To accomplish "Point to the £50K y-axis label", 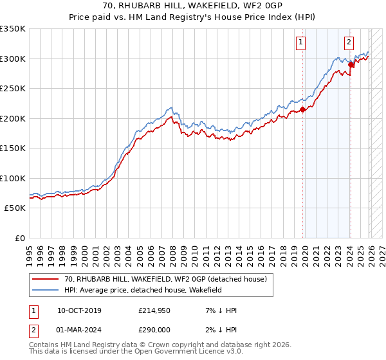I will [14, 208].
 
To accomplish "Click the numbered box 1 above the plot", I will [300, 43].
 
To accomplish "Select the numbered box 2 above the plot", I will [348, 43].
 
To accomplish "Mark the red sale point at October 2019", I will [303, 110].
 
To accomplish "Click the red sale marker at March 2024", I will [351, 64].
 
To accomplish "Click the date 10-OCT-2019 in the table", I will [79, 310].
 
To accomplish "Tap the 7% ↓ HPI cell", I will [221, 310].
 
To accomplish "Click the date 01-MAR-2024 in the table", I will [79, 330].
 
